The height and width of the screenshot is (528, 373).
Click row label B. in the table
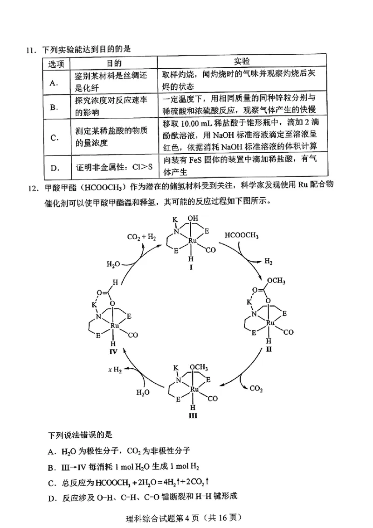[x=54, y=107]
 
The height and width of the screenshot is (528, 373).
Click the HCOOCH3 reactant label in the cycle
[x=242, y=235]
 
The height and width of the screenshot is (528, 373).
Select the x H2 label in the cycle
[x=115, y=370]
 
